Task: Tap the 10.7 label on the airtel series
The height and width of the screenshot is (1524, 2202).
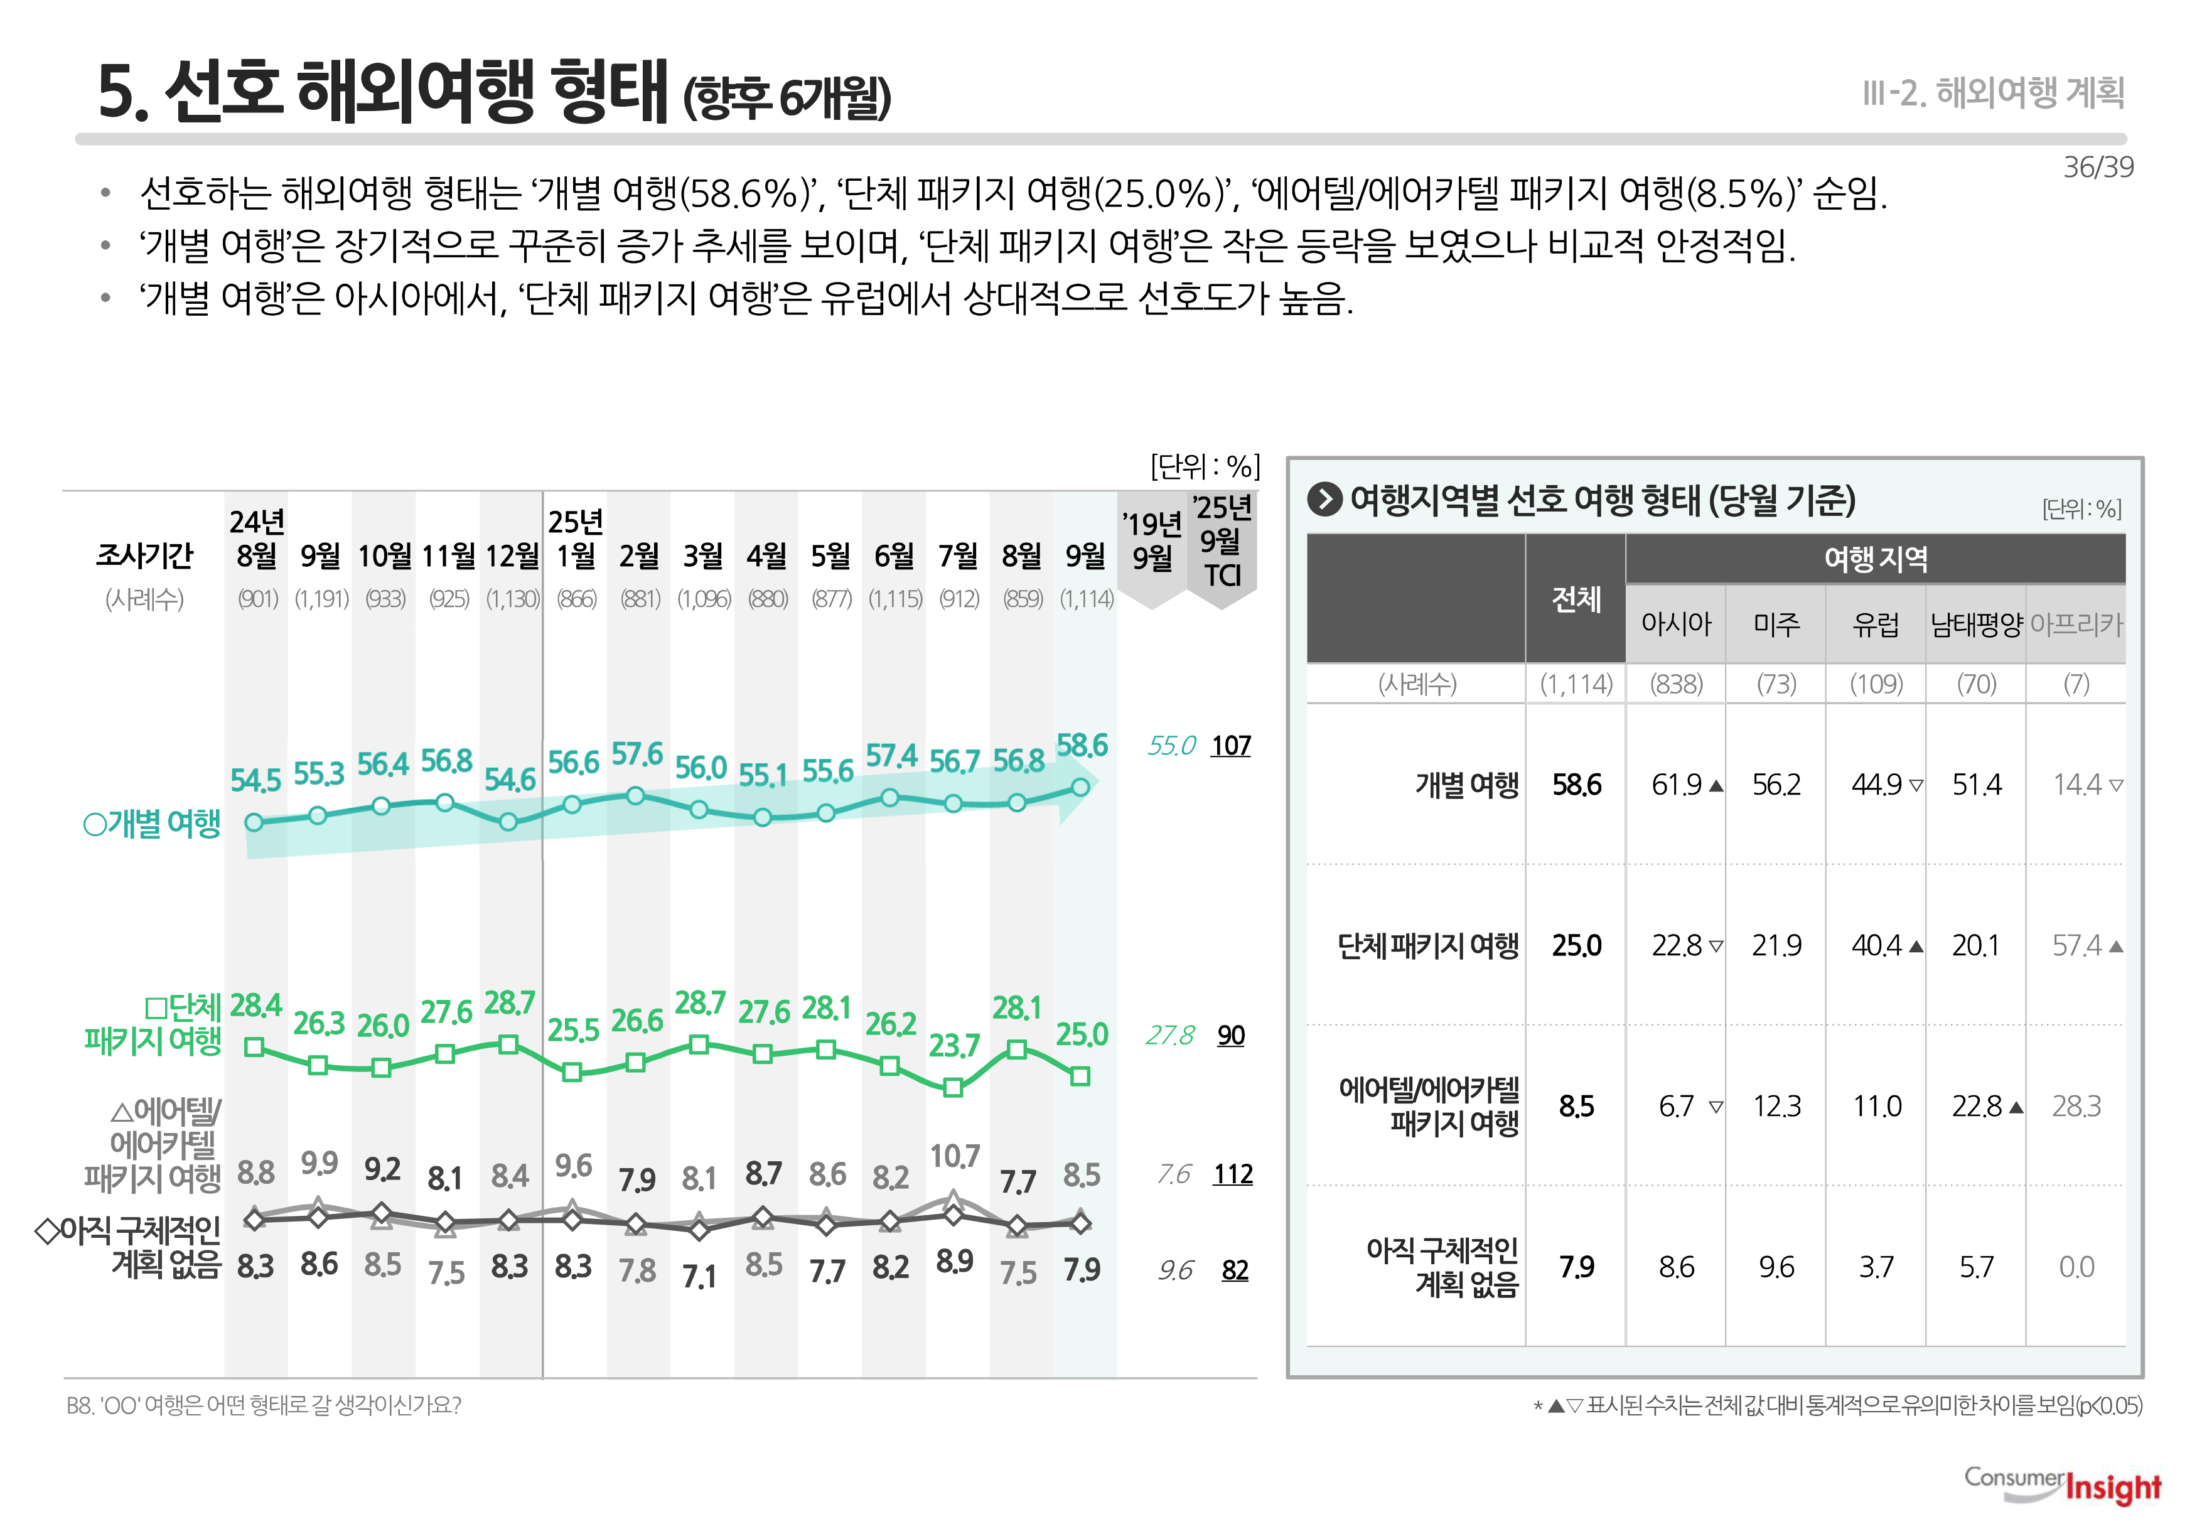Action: point(954,1156)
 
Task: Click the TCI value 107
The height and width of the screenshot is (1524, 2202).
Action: point(1231,746)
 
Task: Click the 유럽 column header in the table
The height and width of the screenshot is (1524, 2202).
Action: point(1876,625)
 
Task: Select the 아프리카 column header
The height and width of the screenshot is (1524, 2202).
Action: point(2076,625)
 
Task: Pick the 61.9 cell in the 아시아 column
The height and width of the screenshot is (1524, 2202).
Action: point(1677,785)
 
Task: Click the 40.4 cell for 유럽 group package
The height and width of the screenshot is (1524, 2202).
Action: point(1876,945)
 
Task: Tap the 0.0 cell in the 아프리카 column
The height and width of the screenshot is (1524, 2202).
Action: point(2076,1267)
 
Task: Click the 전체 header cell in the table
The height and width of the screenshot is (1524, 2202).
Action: point(1576,599)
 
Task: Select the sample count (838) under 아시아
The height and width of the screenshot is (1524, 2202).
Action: point(1676,684)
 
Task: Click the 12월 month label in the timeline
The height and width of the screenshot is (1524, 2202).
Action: point(512,555)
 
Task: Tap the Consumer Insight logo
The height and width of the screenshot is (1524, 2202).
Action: point(2063,1486)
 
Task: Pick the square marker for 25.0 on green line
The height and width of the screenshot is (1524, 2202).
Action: point(1080,1076)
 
